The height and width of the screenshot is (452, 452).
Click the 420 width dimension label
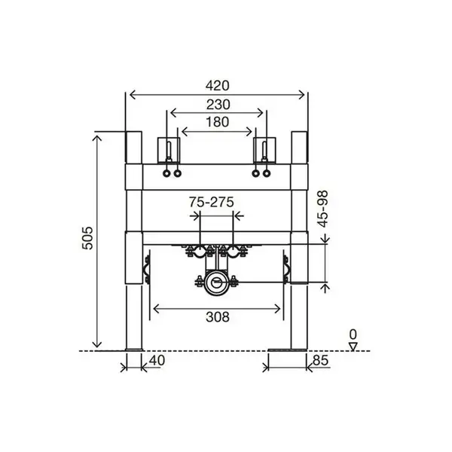[218, 86]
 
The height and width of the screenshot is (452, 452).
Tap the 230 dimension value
[218, 105]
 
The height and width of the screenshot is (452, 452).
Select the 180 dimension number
[218, 122]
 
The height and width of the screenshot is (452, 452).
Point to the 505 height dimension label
[87, 238]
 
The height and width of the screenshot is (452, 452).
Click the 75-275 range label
[211, 202]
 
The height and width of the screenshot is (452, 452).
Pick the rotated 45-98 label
[322, 209]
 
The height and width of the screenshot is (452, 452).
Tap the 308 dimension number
[218, 317]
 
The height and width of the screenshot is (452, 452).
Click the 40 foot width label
[157, 360]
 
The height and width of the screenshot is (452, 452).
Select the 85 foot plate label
[320, 360]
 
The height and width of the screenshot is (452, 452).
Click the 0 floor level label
[353, 334]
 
